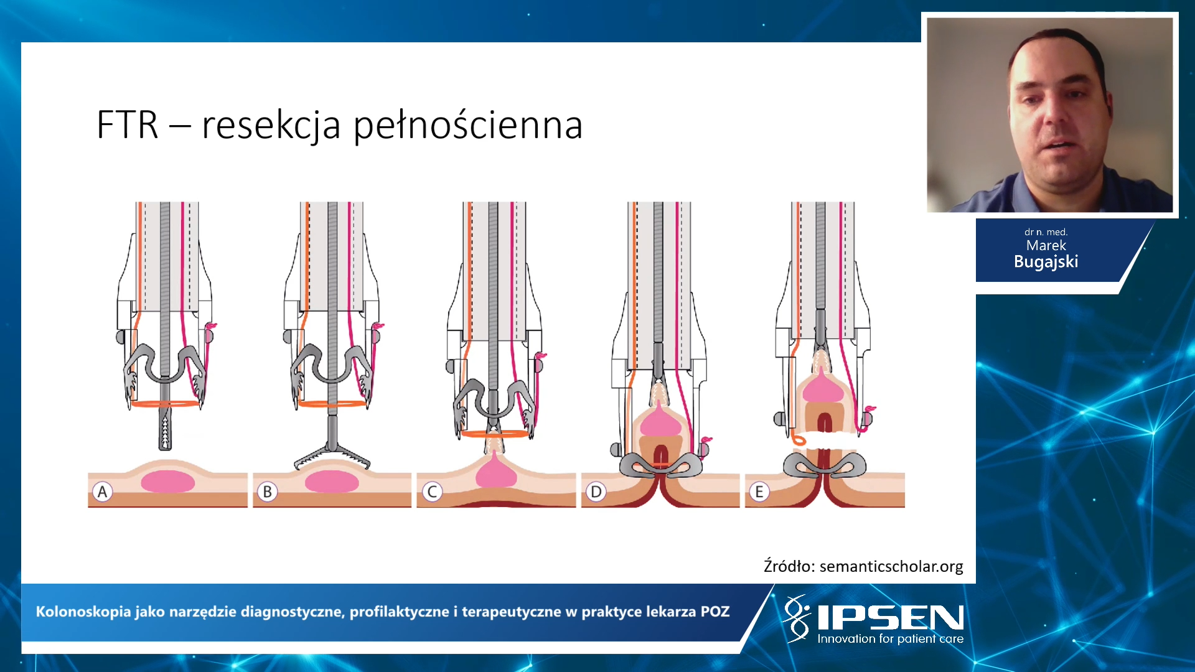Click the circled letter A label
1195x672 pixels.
[103, 492]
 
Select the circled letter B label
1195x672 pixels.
[268, 492]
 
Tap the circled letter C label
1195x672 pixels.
[432, 492]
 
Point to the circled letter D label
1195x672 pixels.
[596, 492]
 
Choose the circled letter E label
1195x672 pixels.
[759, 492]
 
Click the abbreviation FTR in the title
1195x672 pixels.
[128, 124]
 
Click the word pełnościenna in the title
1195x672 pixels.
[468, 126]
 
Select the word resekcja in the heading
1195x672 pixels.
[271, 126]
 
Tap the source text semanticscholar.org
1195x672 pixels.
[891, 566]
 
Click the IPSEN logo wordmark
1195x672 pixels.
[890, 617]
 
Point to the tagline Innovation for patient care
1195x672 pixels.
[890, 639]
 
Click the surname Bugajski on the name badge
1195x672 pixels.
[1046, 262]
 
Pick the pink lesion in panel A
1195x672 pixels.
[168, 482]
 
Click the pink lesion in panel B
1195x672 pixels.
[332, 482]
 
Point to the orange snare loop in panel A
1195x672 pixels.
[165, 404]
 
